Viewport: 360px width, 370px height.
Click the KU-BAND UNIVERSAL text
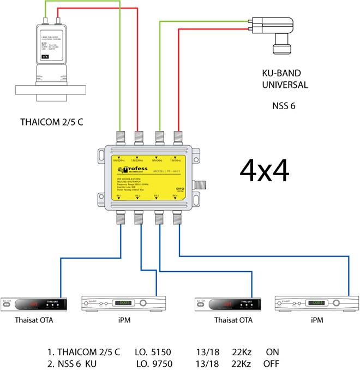click(x=284, y=80)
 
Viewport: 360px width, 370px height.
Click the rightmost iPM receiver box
click(x=317, y=303)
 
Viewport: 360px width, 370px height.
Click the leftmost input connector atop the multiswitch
click(x=119, y=136)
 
